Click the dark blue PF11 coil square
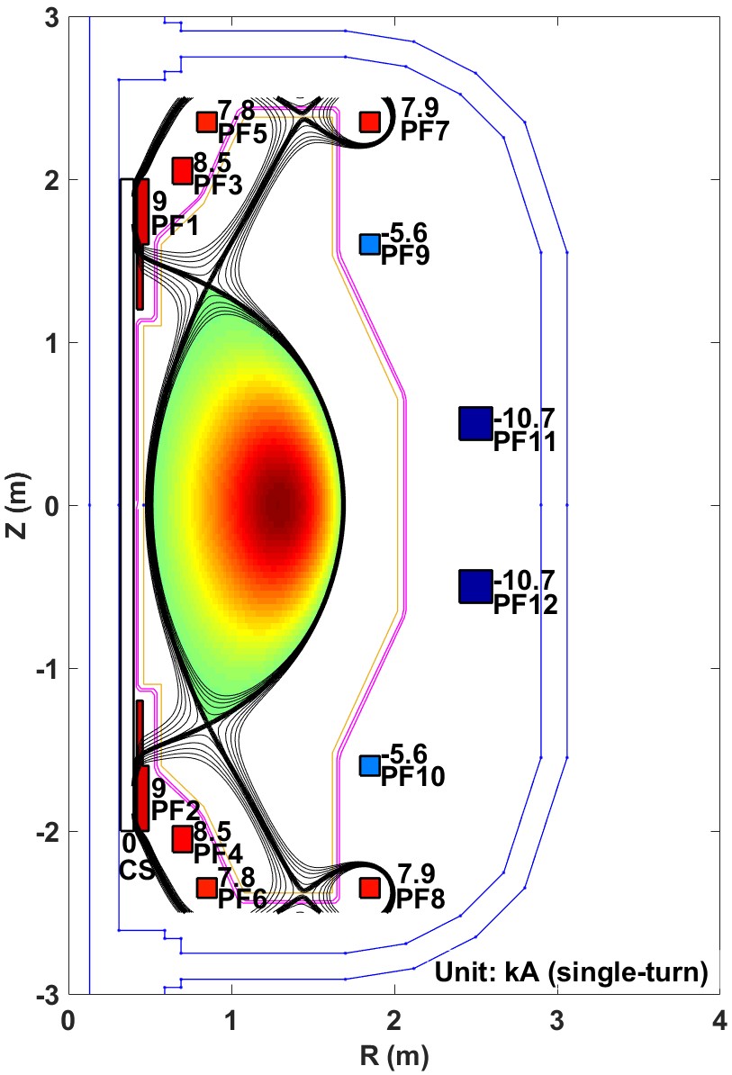click(474, 423)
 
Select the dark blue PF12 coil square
click(474, 586)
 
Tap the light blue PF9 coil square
click(369, 244)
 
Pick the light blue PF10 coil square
click(369, 765)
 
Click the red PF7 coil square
click(369, 122)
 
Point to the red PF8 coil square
click(369, 888)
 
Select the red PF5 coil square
click(207, 122)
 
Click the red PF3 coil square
click(183, 170)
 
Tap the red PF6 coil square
click(207, 888)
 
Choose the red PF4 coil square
click(183, 839)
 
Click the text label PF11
click(525, 443)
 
